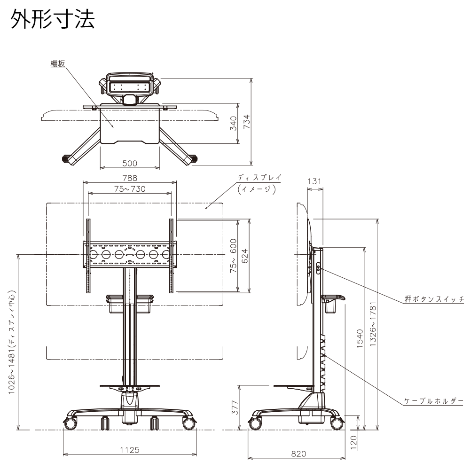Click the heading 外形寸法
pyautogui.click(x=53, y=20)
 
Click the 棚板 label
pyautogui.click(x=58, y=64)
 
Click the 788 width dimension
pyautogui.click(x=130, y=178)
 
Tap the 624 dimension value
pyautogui.click(x=244, y=256)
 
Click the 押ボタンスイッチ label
pyautogui.click(x=434, y=299)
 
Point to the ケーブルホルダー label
pyautogui.click(x=434, y=401)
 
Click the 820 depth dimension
pyautogui.click(x=298, y=454)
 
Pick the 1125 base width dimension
pyautogui.click(x=129, y=450)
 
